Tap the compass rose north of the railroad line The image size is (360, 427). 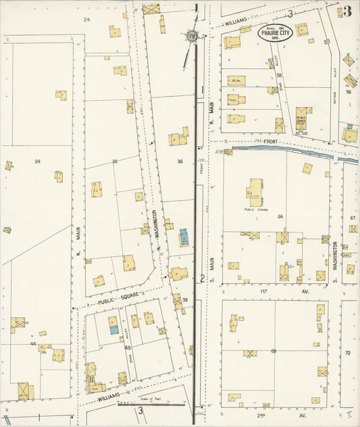coord(192,35)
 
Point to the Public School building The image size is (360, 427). coord(255,193)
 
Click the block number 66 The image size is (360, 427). coord(280,216)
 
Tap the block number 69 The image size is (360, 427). coord(274,351)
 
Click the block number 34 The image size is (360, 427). coord(37,161)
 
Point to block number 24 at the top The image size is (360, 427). coord(86,20)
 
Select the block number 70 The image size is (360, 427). coord(348,353)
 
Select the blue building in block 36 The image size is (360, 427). coord(184,238)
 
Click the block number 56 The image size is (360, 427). coord(349,92)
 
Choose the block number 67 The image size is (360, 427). coord(353,218)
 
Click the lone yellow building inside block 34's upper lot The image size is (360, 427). coord(61,95)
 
